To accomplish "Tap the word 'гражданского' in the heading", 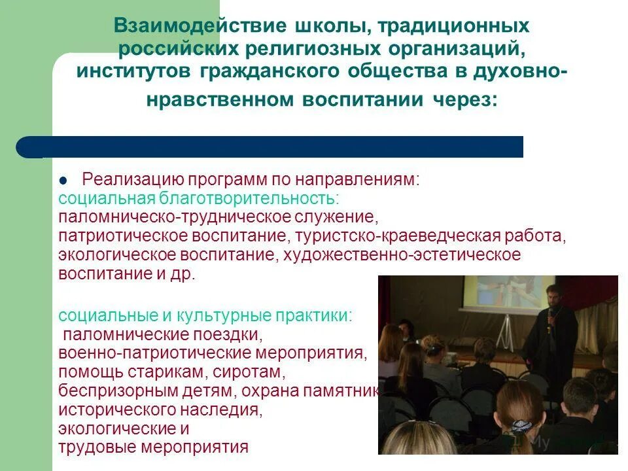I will coord(254,72).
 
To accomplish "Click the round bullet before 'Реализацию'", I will coord(64,181).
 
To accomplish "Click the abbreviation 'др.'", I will coord(184,273).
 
